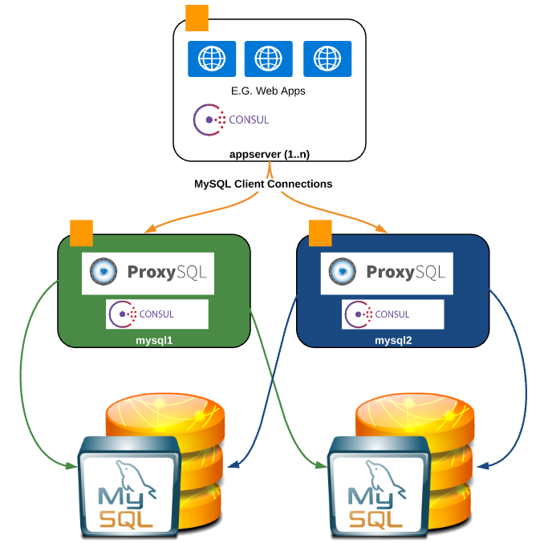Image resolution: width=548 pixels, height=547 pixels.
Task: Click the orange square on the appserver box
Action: pyautogui.click(x=197, y=16)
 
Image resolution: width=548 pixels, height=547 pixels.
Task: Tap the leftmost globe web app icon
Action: pyautogui.click(x=212, y=59)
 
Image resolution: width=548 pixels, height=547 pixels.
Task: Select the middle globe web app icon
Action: pyautogui.click(x=268, y=59)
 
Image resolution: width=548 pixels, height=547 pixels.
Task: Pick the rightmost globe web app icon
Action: pyautogui.click(x=327, y=59)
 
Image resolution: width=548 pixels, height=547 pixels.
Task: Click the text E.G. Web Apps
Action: pyautogui.click(x=268, y=91)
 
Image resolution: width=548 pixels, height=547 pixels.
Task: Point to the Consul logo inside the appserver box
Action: pyautogui.click(x=232, y=120)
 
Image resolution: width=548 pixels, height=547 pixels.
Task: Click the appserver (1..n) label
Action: pyautogui.click(x=270, y=152)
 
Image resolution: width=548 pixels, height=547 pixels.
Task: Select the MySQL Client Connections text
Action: pyautogui.click(x=263, y=184)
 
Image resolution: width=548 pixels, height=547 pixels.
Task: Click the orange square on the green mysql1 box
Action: pyautogui.click(x=81, y=233)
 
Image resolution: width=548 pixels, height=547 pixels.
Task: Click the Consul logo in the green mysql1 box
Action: pyautogui.click(x=157, y=314)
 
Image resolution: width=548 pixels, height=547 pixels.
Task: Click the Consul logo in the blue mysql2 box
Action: pyautogui.click(x=393, y=314)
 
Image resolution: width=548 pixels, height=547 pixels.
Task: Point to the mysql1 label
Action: pyautogui.click(x=155, y=340)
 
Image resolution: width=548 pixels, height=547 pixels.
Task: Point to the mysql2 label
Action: pyautogui.click(x=393, y=340)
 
